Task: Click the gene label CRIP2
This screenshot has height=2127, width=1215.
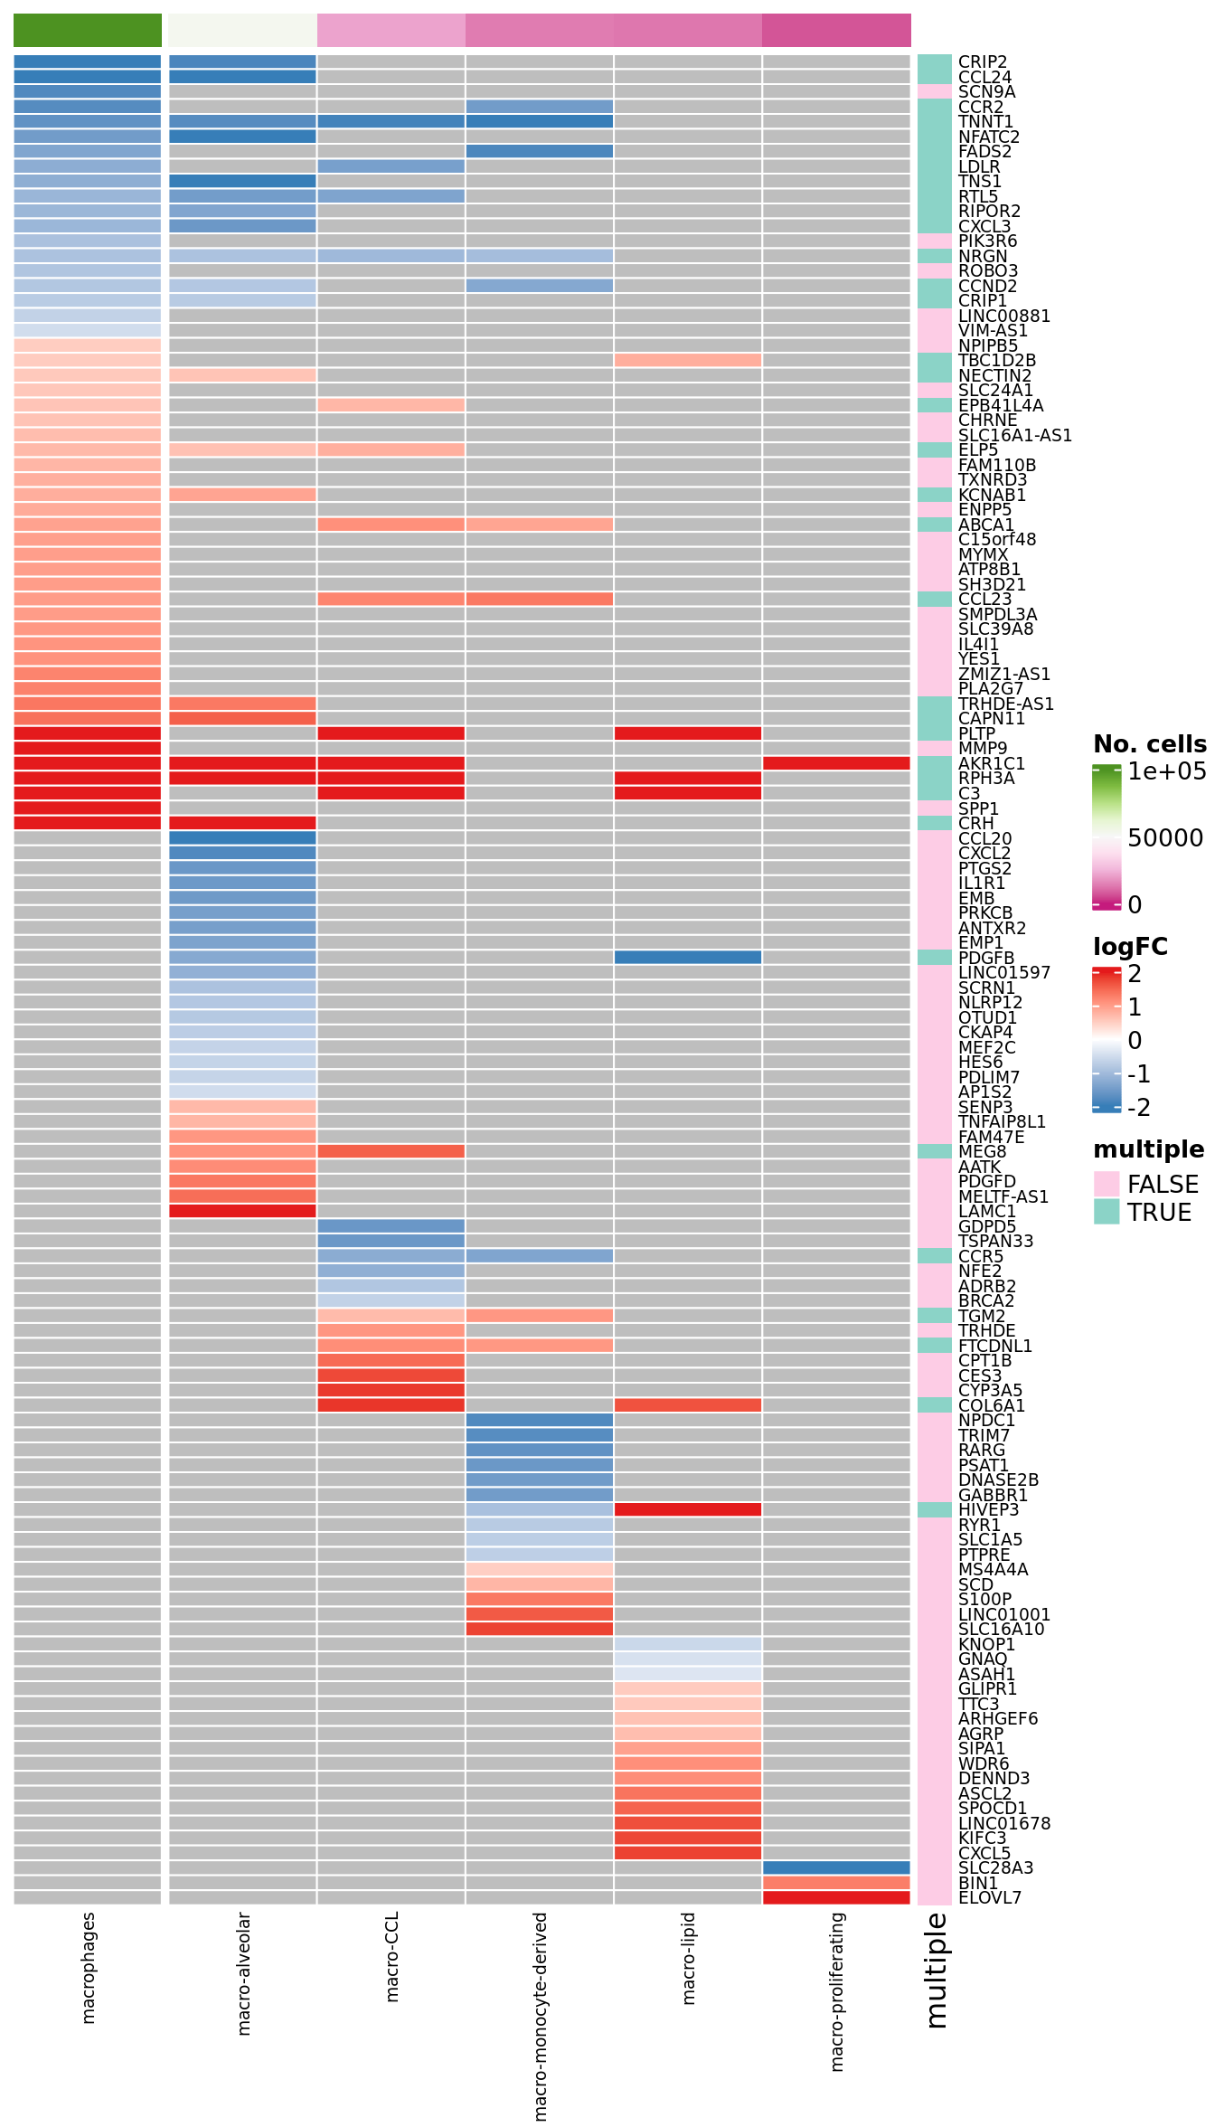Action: (982, 62)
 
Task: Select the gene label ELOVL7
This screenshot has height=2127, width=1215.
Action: (989, 1898)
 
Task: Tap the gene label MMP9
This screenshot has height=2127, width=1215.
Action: (982, 749)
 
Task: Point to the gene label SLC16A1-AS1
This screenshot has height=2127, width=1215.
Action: (1014, 436)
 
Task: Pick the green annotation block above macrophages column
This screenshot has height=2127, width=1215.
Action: (88, 30)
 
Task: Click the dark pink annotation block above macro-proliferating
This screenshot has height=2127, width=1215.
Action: (836, 30)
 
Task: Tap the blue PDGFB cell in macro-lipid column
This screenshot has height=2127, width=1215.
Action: (688, 958)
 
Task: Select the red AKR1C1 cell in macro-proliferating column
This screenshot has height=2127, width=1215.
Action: (836, 763)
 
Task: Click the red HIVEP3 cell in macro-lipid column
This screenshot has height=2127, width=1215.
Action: (688, 1509)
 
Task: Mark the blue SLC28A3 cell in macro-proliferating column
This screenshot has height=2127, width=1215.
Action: (836, 1867)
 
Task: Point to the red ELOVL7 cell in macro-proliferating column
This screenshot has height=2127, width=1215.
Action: (836, 1897)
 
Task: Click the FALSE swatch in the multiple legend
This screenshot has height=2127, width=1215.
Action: (1107, 1184)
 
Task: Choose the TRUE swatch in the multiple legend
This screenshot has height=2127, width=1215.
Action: (1107, 1212)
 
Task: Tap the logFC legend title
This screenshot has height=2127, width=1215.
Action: (1130, 947)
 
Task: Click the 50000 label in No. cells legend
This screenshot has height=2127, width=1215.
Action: (1164, 838)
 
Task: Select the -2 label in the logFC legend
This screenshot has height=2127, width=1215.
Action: (1138, 1107)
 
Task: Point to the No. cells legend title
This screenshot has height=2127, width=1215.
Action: (1149, 744)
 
